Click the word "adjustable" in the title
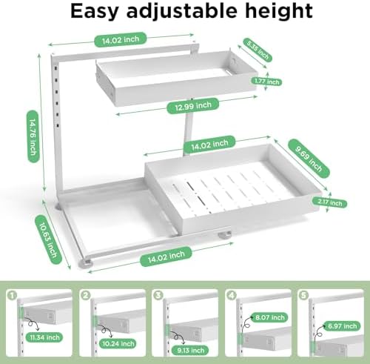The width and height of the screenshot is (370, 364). click(x=182, y=11)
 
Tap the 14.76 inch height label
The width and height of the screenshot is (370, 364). click(x=33, y=136)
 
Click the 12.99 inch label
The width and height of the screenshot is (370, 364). click(x=193, y=106)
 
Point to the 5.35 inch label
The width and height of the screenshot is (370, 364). click(x=258, y=50)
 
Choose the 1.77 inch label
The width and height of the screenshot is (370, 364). click(x=267, y=82)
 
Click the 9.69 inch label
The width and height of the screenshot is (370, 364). click(x=309, y=159)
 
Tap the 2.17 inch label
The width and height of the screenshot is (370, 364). click(x=329, y=202)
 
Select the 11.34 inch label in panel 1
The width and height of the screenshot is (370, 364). click(x=44, y=337)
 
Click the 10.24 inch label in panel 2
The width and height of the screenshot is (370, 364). click(x=118, y=343)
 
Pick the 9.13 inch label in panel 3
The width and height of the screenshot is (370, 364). click(x=190, y=350)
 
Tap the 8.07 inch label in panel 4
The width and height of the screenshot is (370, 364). click(x=270, y=317)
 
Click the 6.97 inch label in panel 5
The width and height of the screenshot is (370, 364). click(x=342, y=326)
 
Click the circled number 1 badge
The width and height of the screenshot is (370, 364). click(x=12, y=295)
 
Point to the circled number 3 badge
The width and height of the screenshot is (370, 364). click(x=158, y=295)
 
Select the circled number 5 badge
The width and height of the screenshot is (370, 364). click(x=303, y=295)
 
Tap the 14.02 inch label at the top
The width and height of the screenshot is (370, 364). click(x=121, y=39)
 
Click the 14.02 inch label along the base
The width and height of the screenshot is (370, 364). click(x=166, y=257)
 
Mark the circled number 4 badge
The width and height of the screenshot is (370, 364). click(x=232, y=295)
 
